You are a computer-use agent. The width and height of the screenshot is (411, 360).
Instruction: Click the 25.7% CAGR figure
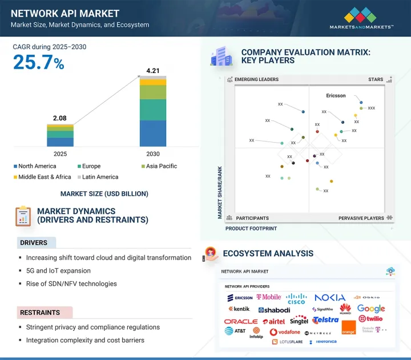[x=38, y=63]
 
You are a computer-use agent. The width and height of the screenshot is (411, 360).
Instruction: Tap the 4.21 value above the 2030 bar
[x=152, y=71]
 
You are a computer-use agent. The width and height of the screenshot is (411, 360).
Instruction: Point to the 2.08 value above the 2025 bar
[x=60, y=118]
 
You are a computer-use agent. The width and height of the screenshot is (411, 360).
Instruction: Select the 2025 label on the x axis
[x=60, y=154]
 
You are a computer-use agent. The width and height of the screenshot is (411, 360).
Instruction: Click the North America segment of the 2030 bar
[x=152, y=133]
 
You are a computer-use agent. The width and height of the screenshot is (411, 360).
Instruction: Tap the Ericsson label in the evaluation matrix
[x=336, y=96]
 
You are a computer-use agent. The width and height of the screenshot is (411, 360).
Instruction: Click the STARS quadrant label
[x=376, y=80]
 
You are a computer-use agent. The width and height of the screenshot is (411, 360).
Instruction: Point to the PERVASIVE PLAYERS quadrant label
[x=361, y=218]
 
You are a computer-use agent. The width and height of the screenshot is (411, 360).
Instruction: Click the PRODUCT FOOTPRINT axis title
[x=251, y=228]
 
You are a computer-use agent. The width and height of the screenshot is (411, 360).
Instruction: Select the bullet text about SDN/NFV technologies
[x=71, y=284]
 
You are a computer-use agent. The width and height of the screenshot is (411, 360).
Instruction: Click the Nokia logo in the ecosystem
[x=329, y=297]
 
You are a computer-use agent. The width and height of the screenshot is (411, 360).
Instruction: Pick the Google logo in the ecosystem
[x=371, y=309]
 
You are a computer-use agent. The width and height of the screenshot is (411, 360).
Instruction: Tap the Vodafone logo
[x=285, y=332]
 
